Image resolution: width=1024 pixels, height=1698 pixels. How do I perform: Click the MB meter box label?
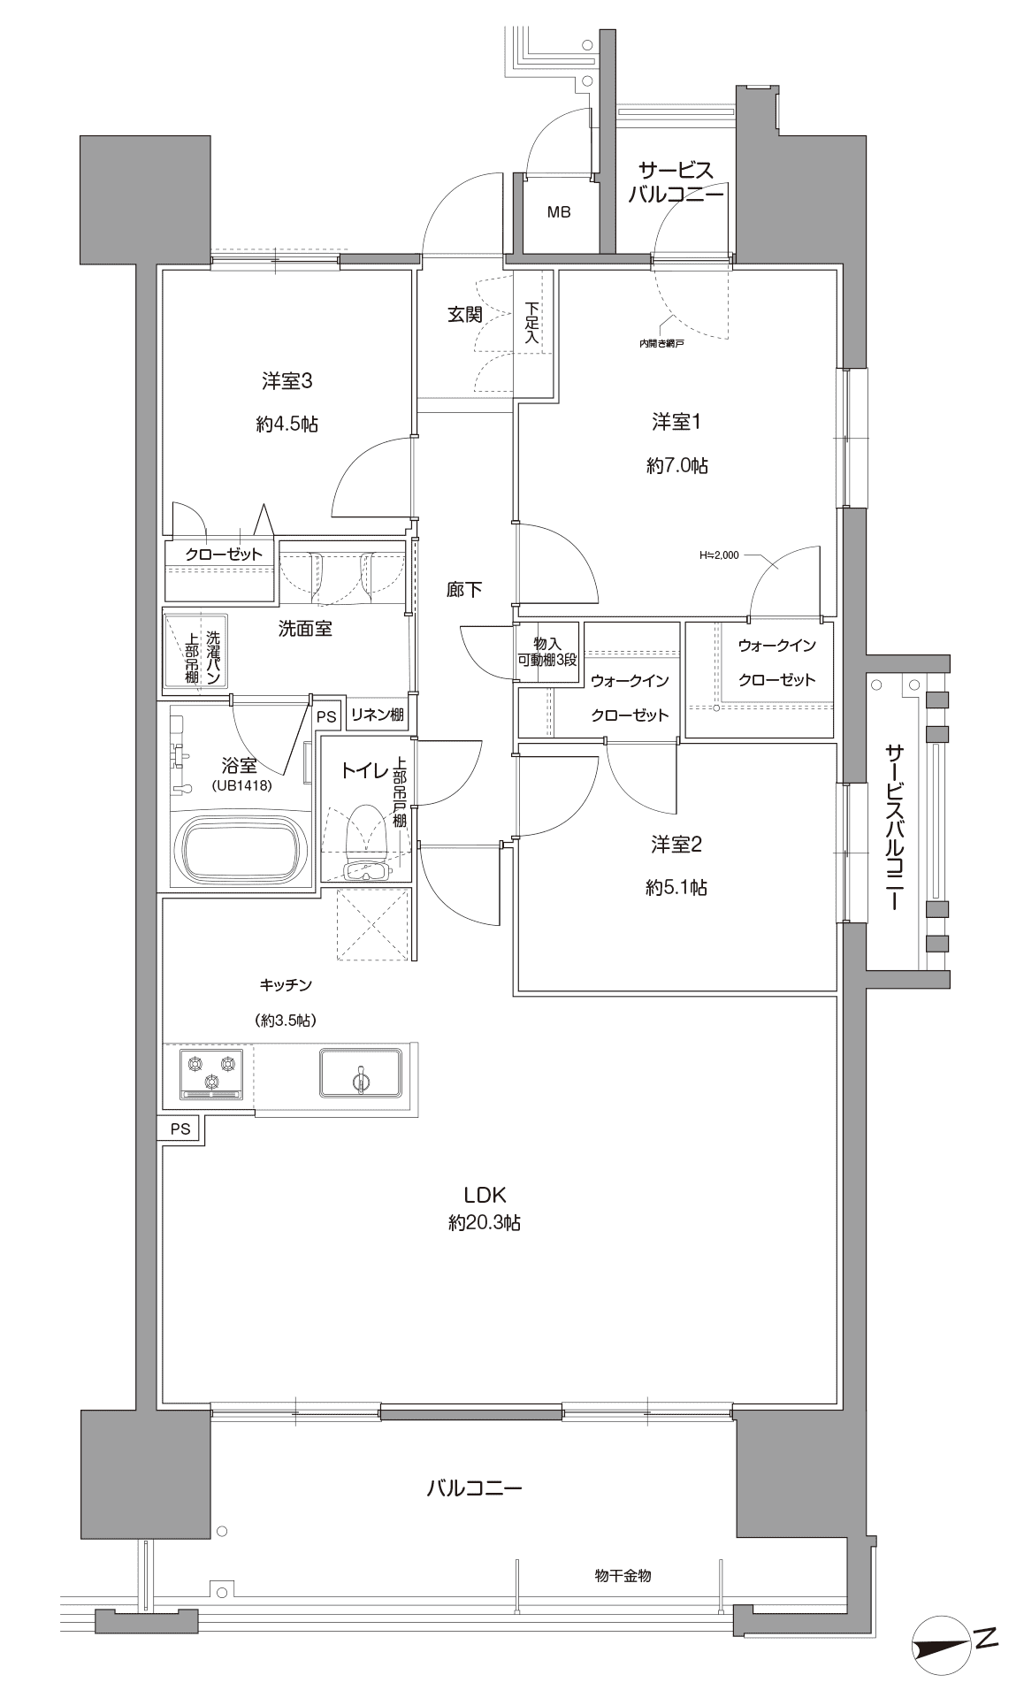tap(558, 212)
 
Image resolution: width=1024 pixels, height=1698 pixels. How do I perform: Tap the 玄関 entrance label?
tap(464, 315)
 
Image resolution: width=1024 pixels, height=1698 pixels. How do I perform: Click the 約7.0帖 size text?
tap(676, 465)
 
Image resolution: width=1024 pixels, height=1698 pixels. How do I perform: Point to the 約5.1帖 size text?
tap(676, 887)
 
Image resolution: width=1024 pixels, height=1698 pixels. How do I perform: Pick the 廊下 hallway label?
tap(464, 590)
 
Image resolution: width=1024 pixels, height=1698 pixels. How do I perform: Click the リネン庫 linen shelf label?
tap(378, 715)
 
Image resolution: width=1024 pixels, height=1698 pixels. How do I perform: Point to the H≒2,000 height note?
tap(718, 556)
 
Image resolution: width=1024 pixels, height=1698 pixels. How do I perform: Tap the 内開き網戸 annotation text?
tap(661, 344)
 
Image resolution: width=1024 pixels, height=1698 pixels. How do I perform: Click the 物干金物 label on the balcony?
tap(623, 1575)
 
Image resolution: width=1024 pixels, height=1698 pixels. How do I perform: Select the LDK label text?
tap(484, 1196)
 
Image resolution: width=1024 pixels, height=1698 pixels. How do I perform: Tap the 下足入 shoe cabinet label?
tap(531, 324)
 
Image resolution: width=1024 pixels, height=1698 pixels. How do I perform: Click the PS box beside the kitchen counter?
tap(180, 1128)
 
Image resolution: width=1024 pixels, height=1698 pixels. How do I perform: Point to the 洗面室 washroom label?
tap(305, 630)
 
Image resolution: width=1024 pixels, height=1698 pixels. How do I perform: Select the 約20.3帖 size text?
tap(484, 1223)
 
